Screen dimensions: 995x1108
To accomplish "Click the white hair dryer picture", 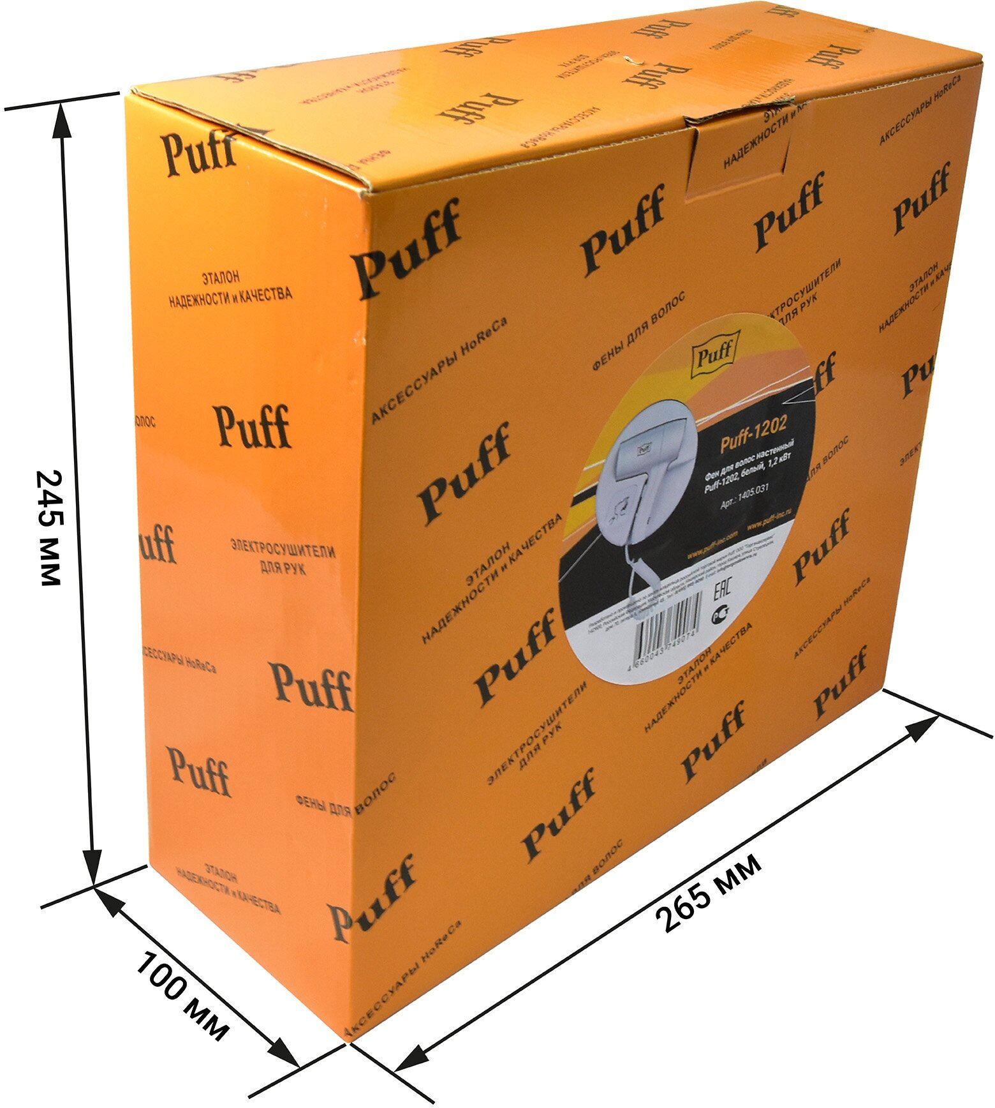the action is click(644, 485).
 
